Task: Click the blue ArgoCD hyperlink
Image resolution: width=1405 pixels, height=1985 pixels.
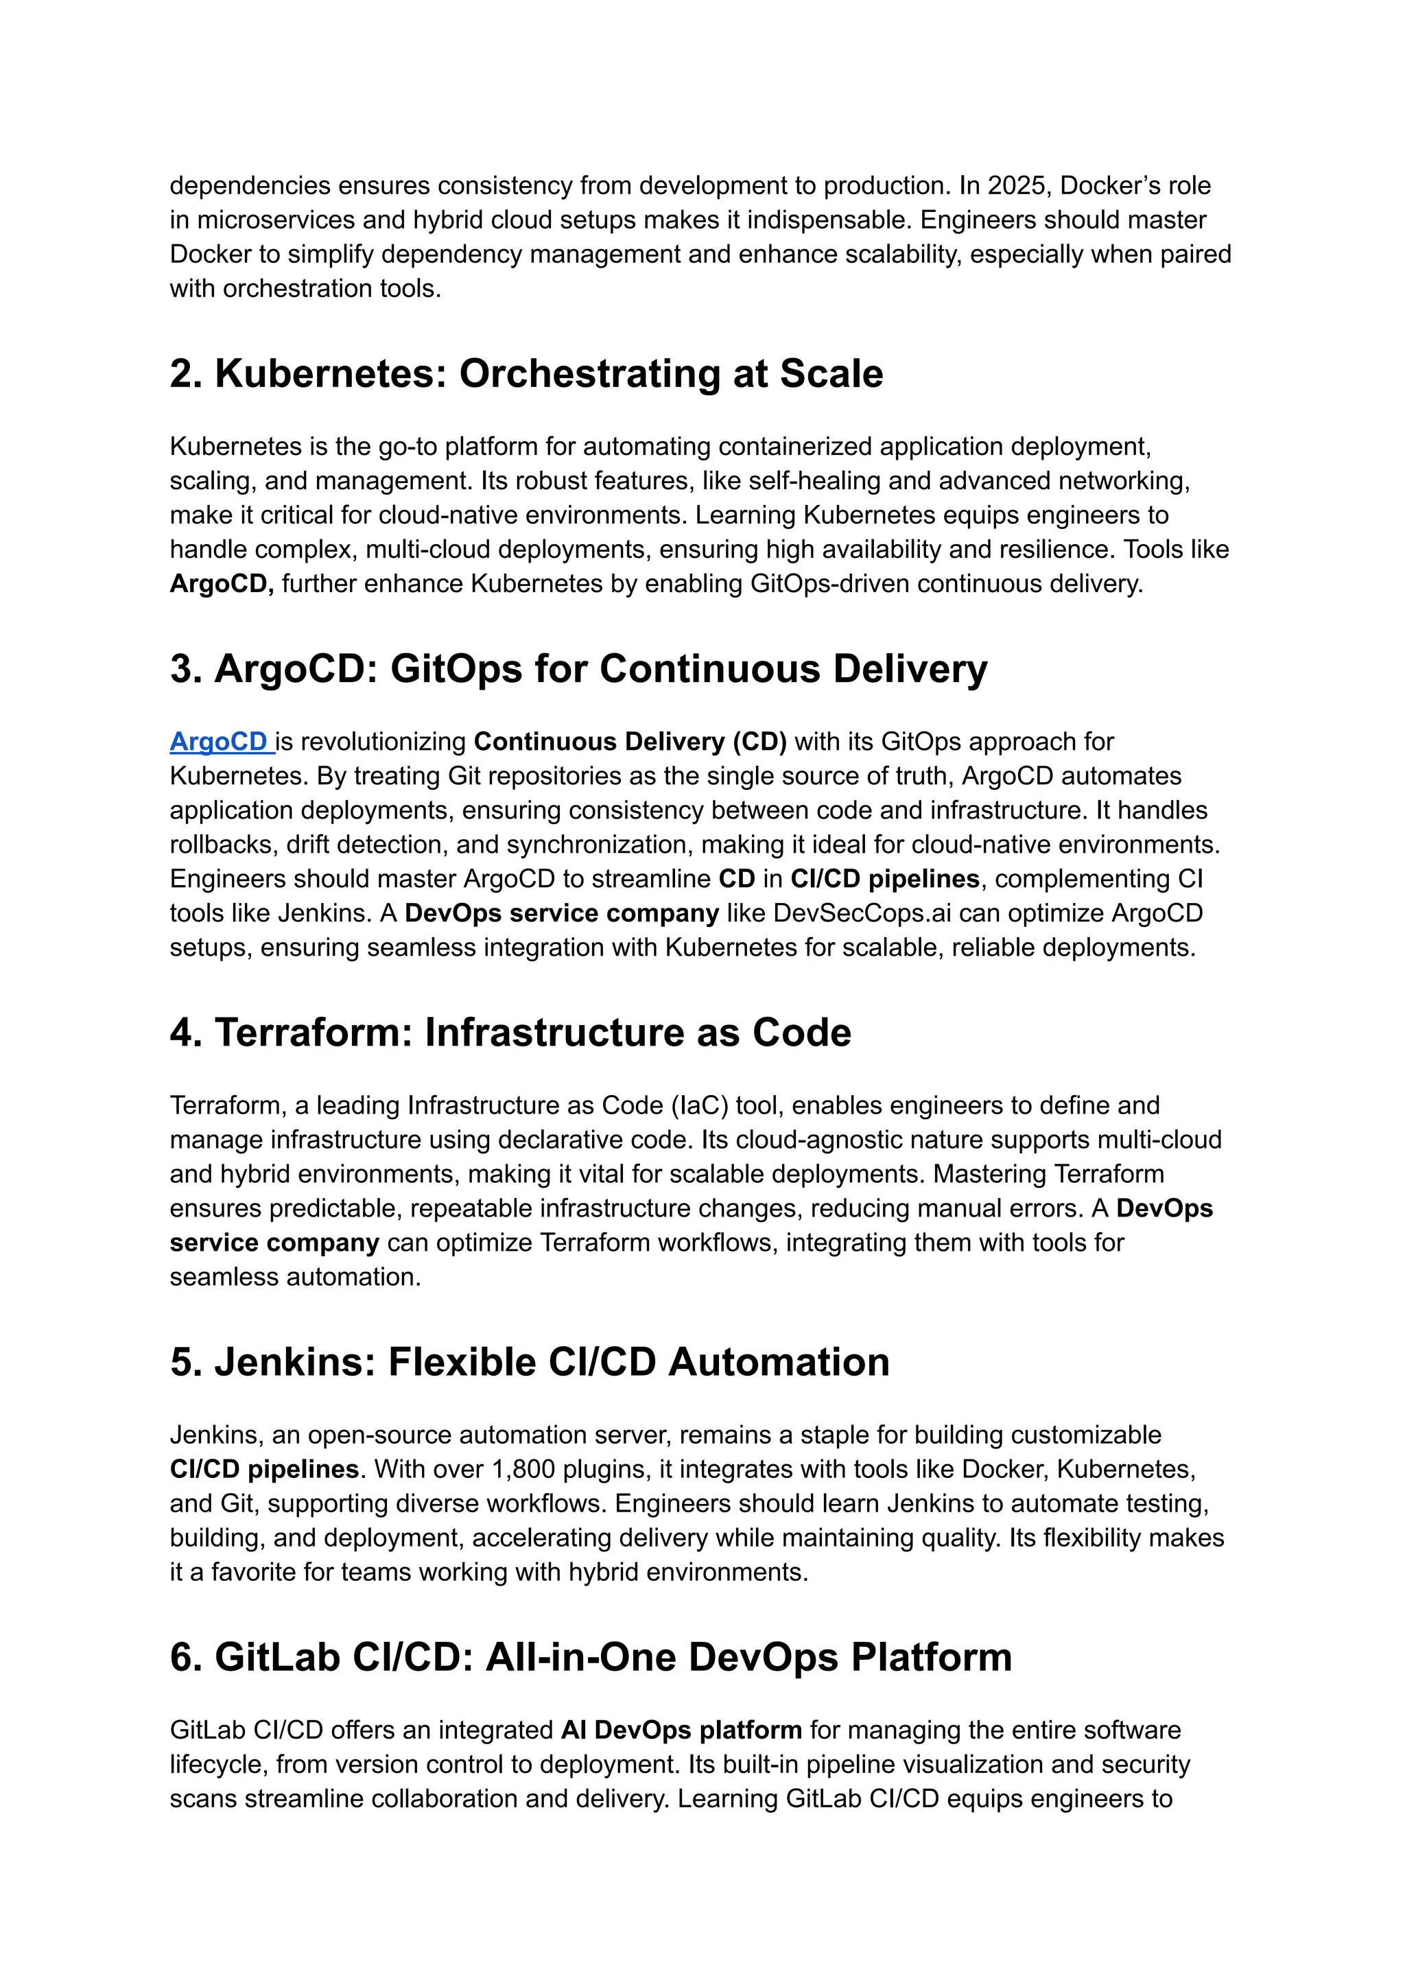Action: point(218,742)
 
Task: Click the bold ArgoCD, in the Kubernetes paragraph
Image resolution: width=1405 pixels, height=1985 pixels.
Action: point(222,583)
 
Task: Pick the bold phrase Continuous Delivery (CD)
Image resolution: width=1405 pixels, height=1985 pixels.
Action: point(630,742)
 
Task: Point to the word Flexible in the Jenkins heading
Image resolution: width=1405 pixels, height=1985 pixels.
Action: point(469,1362)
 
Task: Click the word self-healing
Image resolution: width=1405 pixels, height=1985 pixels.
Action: point(810,480)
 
